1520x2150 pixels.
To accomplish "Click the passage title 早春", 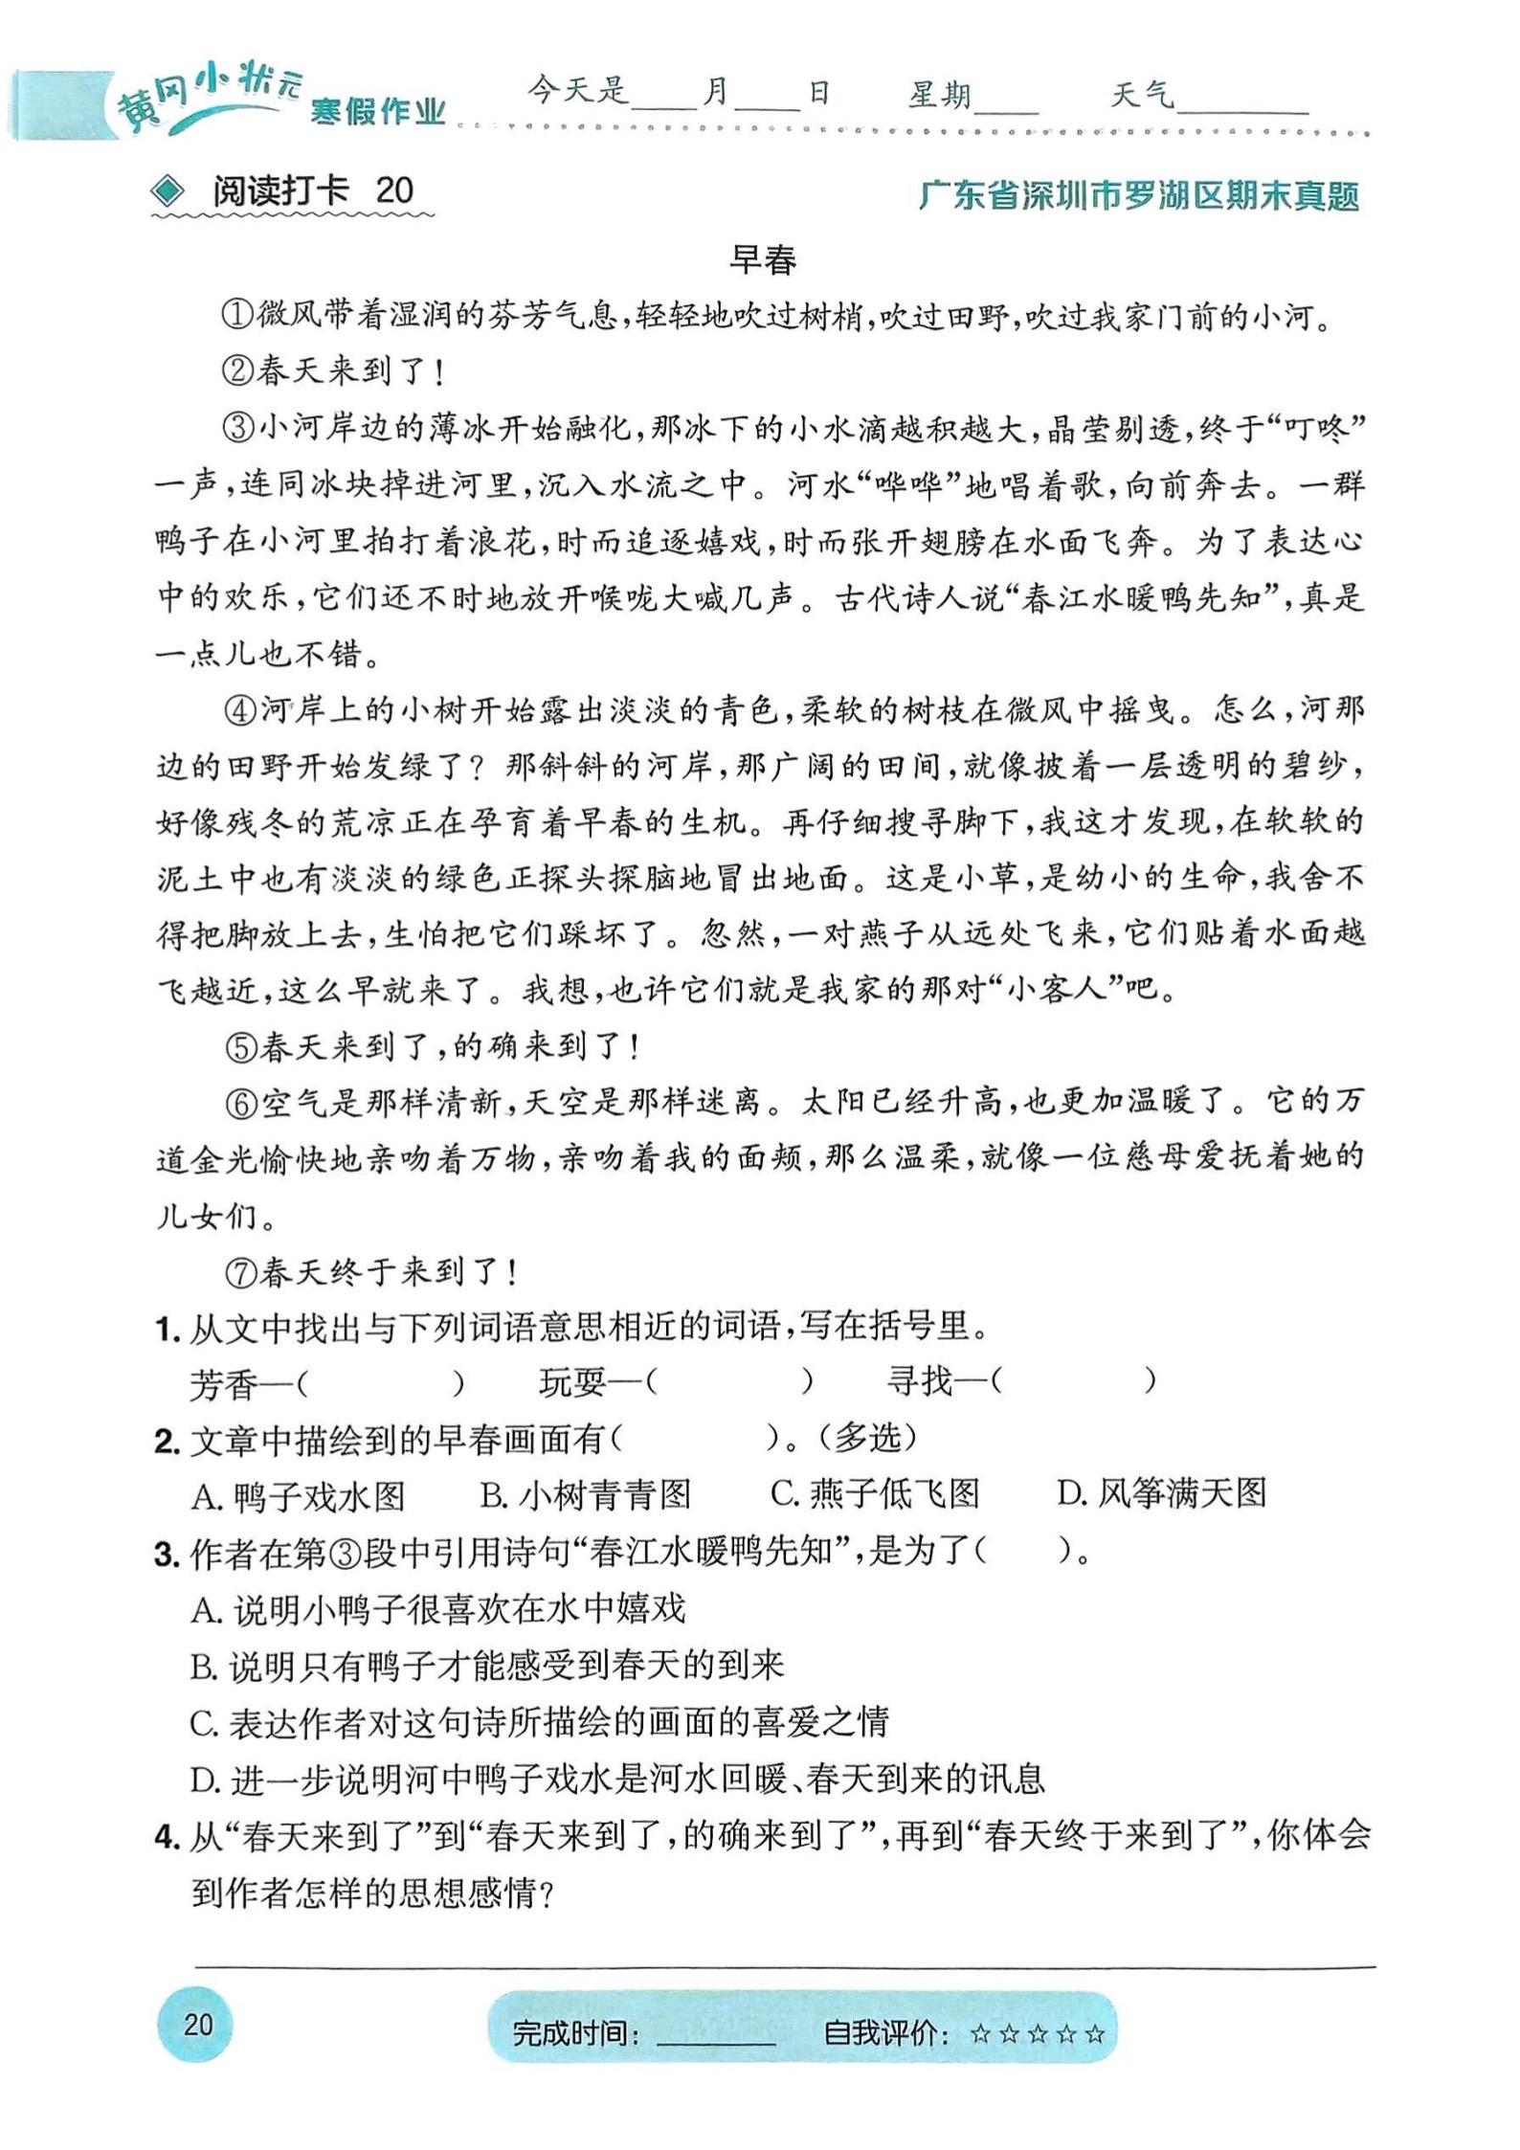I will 762,260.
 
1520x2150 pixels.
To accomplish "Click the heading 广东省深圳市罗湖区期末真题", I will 1138,195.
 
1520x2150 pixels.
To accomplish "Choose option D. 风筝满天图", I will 1161,1494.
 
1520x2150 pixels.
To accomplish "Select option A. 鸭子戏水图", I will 299,1496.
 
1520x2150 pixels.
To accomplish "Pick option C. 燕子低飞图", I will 875,1494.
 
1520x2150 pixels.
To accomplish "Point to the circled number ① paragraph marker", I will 237,316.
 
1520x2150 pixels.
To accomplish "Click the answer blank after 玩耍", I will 730,1381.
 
